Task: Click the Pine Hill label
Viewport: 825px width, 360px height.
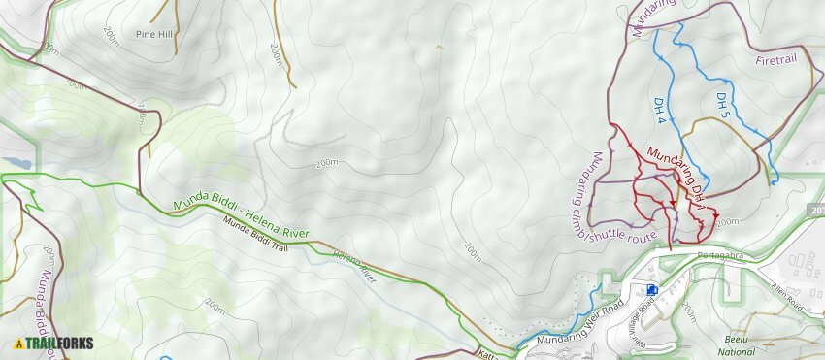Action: (154, 33)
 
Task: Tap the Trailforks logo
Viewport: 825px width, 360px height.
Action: (52, 343)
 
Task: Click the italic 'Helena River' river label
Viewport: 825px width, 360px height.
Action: (354, 264)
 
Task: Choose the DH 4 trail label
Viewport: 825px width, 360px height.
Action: (659, 110)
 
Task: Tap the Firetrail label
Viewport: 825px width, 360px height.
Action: (775, 60)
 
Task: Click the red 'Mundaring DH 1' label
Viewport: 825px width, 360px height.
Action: (675, 175)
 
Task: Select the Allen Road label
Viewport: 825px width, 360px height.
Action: (787, 292)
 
